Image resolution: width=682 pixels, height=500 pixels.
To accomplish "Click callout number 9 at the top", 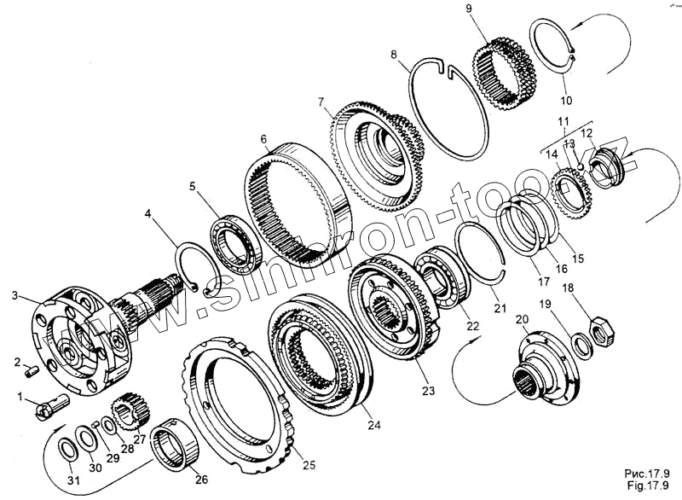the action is click(x=493, y=9).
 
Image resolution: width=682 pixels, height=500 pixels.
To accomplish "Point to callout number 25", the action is click(x=309, y=465).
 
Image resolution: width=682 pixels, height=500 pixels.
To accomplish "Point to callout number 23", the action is click(x=428, y=391).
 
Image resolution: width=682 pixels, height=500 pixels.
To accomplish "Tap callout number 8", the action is click(x=394, y=55).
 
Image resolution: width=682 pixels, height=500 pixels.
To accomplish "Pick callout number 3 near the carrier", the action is click(x=14, y=295).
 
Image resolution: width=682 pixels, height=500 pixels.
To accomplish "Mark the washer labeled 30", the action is click(x=87, y=440).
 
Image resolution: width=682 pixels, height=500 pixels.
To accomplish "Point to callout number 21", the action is click(x=499, y=307).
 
